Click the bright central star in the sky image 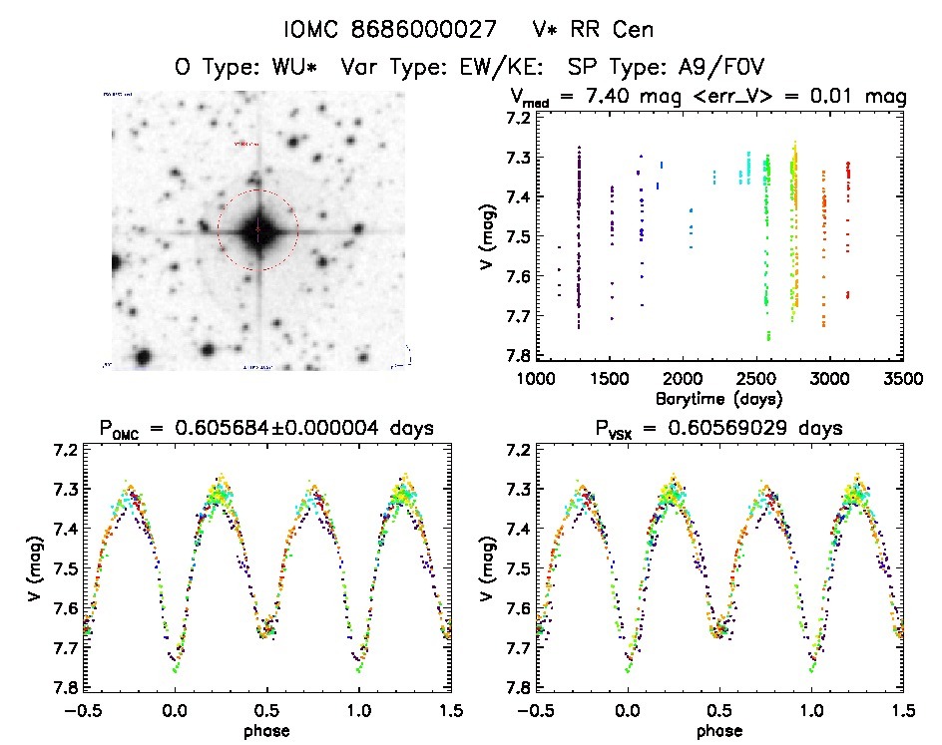pos(257,230)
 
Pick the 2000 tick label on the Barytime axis pos(683,379)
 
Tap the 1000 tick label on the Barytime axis pos(536,379)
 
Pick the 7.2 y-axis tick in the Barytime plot pos(516,118)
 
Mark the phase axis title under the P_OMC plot pos(266,729)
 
